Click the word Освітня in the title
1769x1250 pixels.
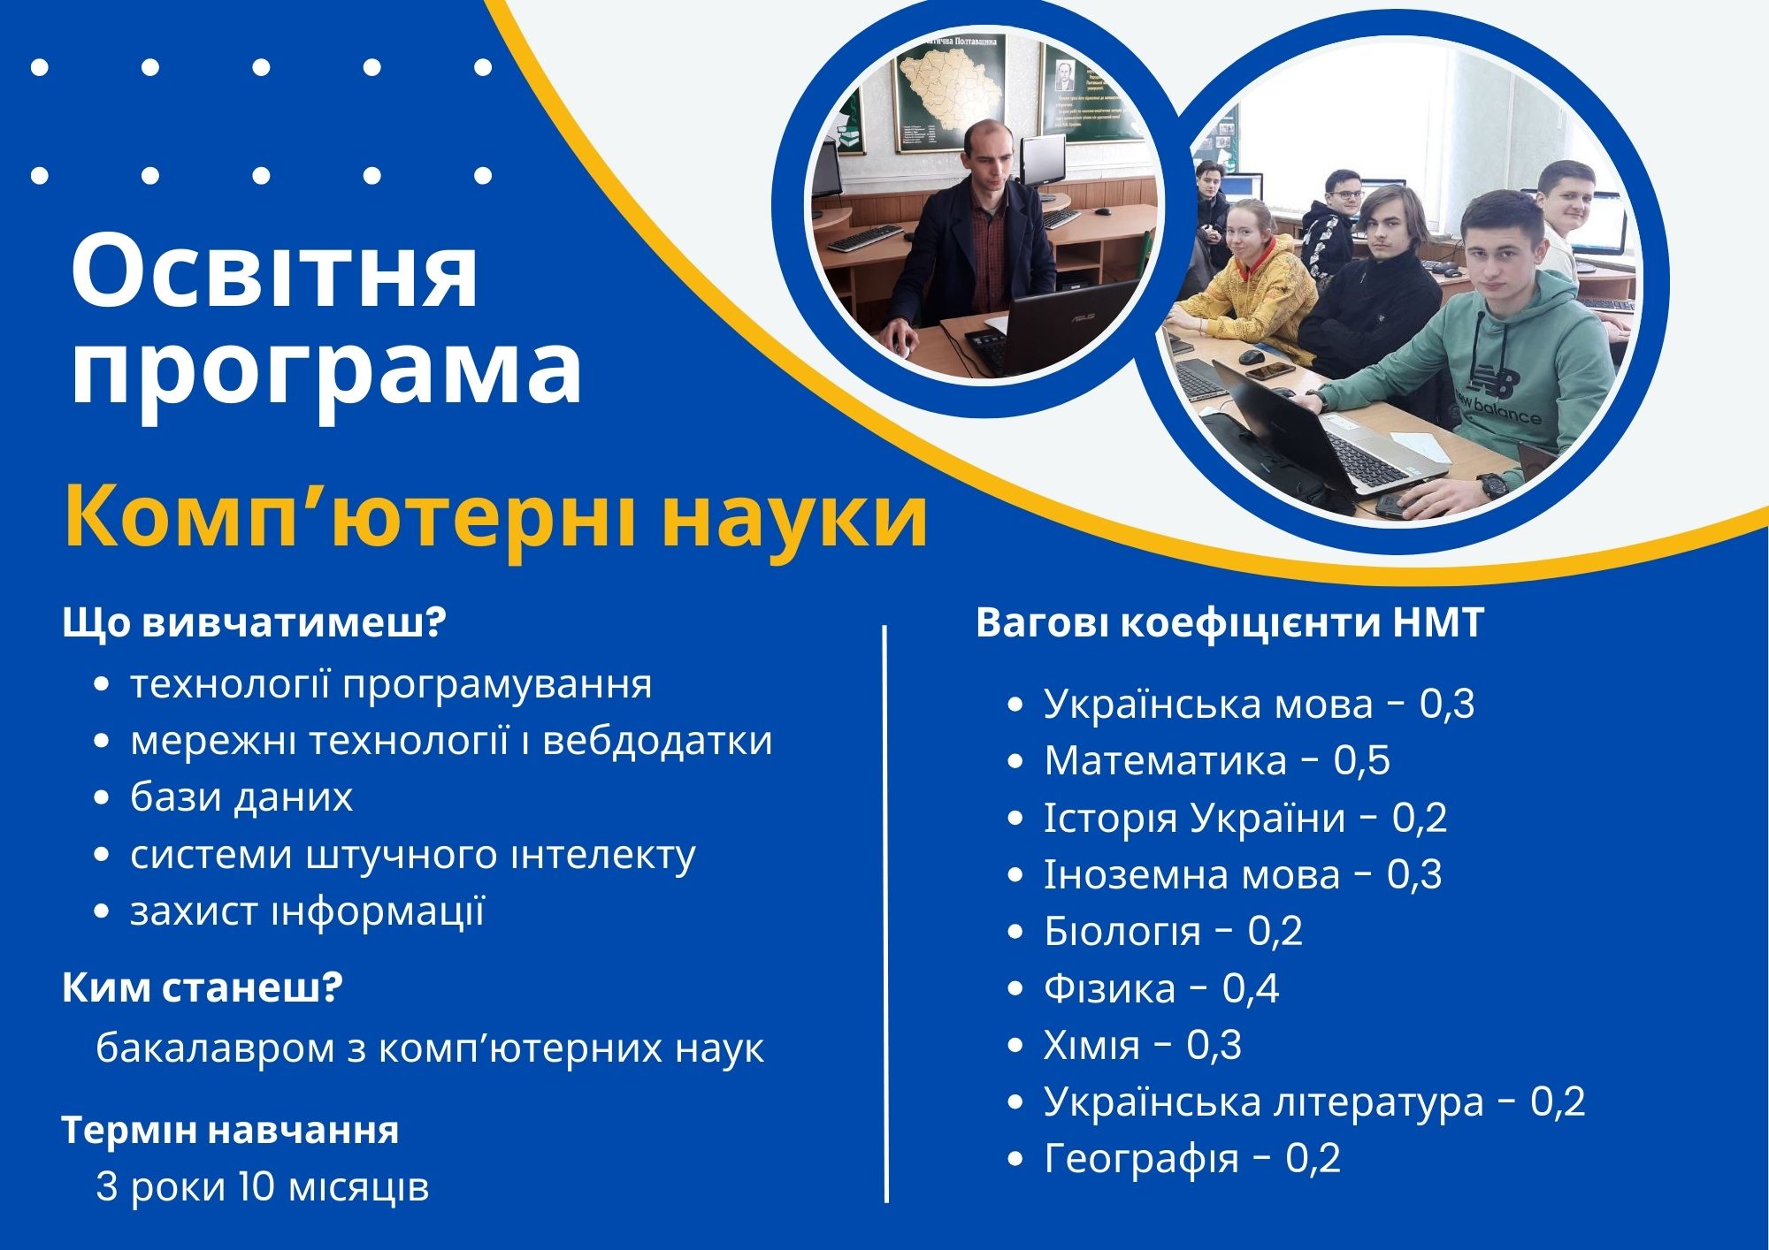click(x=274, y=271)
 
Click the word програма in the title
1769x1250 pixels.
click(x=326, y=372)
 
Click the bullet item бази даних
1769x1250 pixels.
click(x=241, y=796)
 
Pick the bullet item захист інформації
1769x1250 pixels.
click(x=308, y=911)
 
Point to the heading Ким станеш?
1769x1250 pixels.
click(x=202, y=988)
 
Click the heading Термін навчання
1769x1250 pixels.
click(x=230, y=1131)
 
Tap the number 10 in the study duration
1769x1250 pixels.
click(x=257, y=1186)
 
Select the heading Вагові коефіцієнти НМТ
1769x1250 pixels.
click(x=1229, y=622)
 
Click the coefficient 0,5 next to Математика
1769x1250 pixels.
click(x=1361, y=761)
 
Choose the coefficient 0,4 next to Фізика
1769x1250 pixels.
click(x=1251, y=988)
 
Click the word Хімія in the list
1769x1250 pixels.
click(x=1091, y=1045)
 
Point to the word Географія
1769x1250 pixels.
click(x=1141, y=1159)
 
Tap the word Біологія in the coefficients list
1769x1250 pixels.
click(x=1122, y=931)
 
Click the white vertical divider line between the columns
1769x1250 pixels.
click(x=885, y=914)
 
